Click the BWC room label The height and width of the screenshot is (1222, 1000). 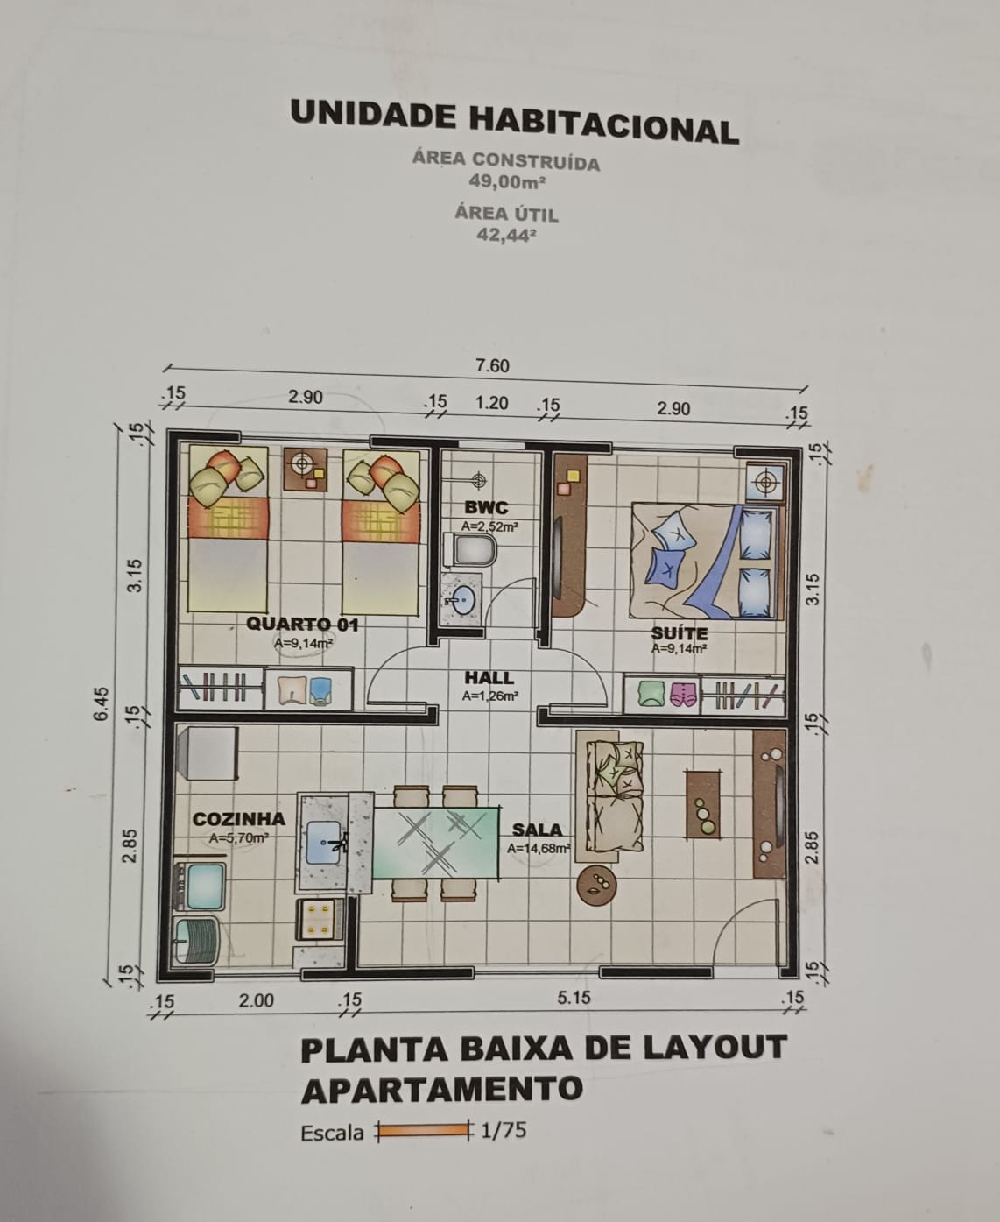486,507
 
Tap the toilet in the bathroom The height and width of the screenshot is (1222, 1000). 470,550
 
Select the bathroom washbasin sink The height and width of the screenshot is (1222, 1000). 461,599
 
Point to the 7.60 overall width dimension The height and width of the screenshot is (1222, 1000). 492,365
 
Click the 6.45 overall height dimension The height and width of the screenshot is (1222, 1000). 102,704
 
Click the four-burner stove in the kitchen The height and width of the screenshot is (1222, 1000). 320,920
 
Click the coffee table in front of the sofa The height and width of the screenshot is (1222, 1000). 703,804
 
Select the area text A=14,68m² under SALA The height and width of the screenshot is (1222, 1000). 539,848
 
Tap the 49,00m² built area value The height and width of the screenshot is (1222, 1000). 507,181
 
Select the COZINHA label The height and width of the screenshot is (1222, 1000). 239,819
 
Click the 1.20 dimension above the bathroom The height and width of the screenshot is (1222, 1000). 492,402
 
